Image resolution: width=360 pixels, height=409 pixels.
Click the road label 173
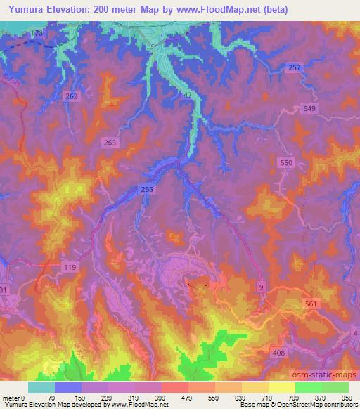click(x=37, y=33)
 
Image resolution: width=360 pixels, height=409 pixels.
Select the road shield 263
click(x=109, y=142)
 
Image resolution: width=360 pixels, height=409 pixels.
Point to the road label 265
click(x=146, y=190)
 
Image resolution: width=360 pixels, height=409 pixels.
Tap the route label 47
click(x=186, y=93)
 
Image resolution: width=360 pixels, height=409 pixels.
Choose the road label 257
click(x=295, y=66)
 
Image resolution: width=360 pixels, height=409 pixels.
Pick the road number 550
click(x=286, y=162)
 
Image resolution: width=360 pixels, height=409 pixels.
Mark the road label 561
click(x=313, y=304)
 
